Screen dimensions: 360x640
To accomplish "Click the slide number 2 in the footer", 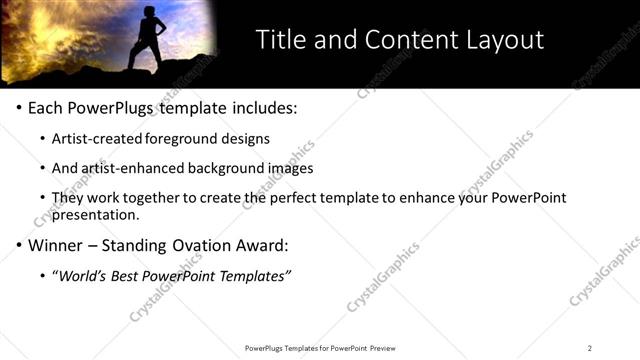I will coord(590,348).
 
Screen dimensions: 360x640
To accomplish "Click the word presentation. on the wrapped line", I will coord(94,214).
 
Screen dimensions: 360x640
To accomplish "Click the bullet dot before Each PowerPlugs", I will coord(20,108).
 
